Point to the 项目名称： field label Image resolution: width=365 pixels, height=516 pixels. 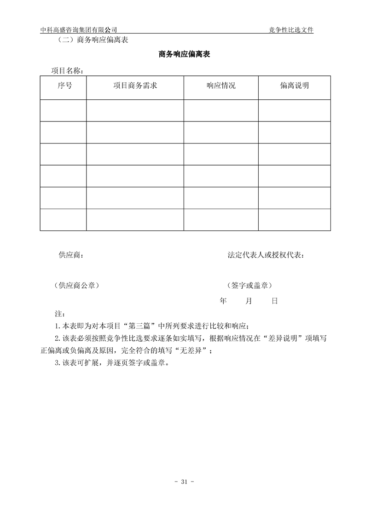[x=67, y=71]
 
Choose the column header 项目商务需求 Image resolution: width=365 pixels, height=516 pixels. [x=135, y=86]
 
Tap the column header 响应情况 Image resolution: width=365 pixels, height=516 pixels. [x=221, y=86]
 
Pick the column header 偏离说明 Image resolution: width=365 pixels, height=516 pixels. [x=294, y=86]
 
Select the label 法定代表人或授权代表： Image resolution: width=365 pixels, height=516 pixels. [x=266, y=255]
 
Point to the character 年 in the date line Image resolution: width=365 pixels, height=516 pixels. [x=223, y=301]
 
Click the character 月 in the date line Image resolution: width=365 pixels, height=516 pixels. [x=249, y=301]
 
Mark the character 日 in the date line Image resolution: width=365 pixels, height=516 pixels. [x=274, y=301]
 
